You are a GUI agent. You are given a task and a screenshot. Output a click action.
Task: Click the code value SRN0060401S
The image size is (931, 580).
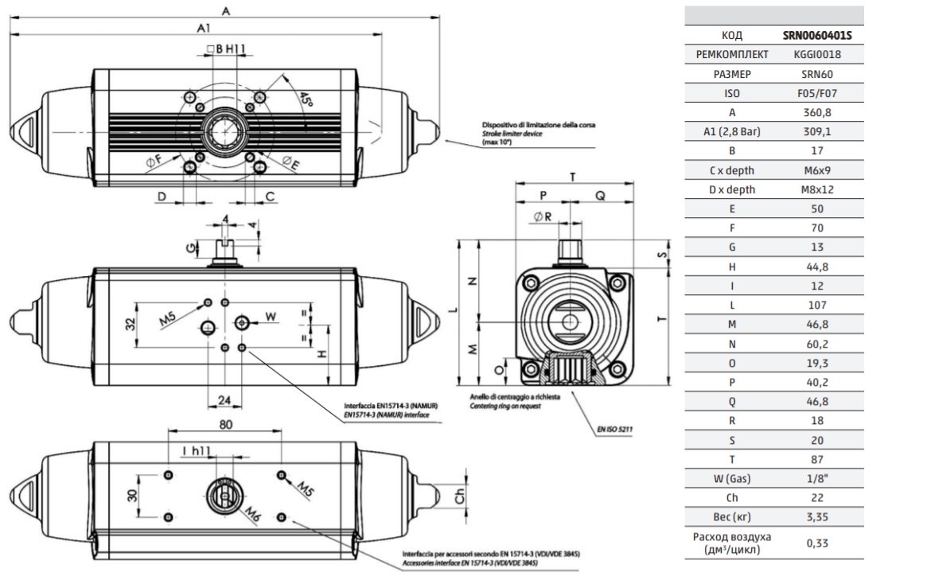pos(817,35)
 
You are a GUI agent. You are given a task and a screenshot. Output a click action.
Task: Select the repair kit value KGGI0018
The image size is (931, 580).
pos(817,55)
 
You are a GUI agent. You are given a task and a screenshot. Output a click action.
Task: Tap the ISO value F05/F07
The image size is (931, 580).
pos(817,93)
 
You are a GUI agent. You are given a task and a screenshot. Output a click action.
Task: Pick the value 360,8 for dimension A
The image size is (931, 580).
pos(817,112)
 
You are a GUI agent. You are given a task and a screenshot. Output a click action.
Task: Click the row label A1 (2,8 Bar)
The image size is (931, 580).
pos(731,132)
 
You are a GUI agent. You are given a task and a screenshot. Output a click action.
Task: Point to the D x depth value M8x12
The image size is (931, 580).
pos(817,189)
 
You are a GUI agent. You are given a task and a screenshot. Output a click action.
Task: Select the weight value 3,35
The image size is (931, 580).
pos(817,517)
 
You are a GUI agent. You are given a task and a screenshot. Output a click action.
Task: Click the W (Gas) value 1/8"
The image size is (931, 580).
pos(817,478)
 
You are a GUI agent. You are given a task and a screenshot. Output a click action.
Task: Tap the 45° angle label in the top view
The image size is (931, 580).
pos(306,99)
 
